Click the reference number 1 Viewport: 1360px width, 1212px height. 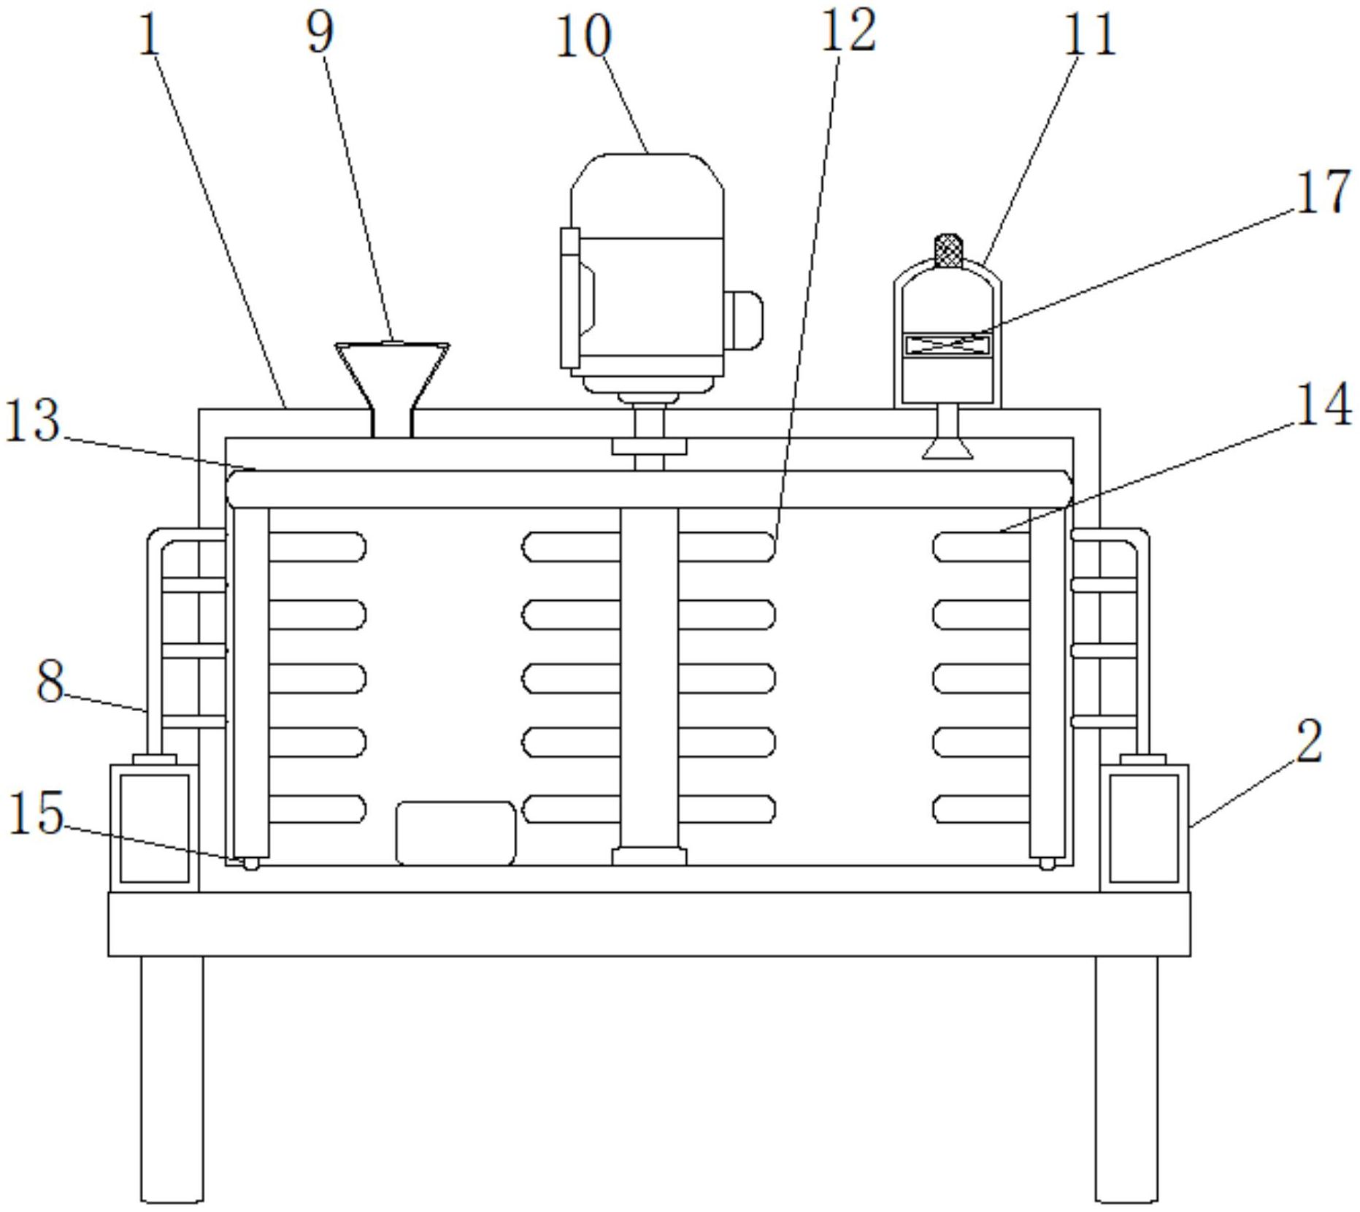[149, 34]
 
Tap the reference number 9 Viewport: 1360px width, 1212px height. [320, 32]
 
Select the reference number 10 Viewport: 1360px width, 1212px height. [583, 37]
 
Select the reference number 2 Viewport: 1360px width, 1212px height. [1309, 740]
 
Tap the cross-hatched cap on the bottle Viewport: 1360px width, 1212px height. [948, 250]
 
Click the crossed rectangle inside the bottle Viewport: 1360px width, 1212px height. [948, 344]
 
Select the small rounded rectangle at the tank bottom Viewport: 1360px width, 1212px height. [456, 833]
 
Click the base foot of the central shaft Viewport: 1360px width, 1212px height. [649, 856]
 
